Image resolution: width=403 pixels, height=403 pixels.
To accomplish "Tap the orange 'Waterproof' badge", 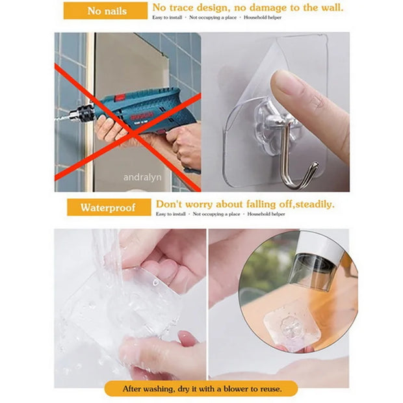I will [108, 208].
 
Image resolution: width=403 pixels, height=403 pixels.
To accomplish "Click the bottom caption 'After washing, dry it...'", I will [201, 389].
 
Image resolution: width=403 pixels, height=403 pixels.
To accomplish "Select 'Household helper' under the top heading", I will [264, 18].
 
